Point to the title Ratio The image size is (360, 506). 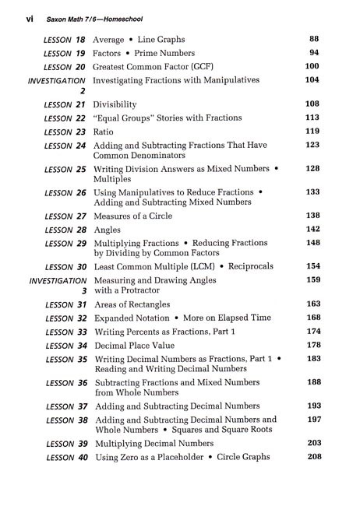tap(104, 132)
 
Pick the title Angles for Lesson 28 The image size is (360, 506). tap(108, 230)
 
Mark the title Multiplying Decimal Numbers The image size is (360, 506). tap(154, 443)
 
